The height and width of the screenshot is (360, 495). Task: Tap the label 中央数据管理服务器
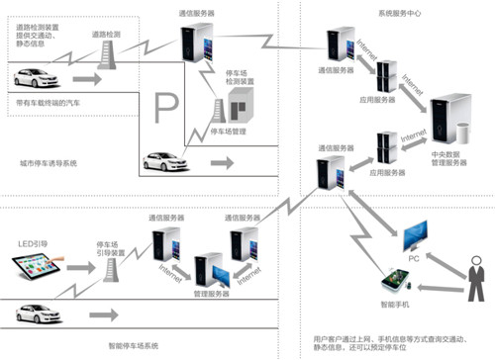(443, 157)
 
